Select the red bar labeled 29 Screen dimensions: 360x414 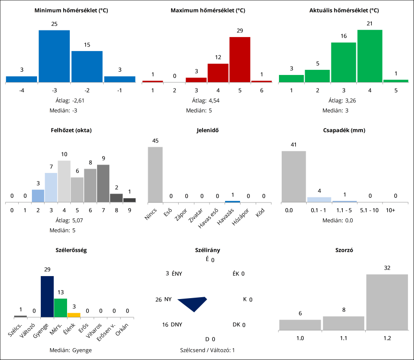pyautogui.click(x=240, y=59)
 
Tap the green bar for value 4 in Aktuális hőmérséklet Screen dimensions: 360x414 pyautogui.click(x=369, y=56)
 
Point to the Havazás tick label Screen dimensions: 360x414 pyautogui.click(x=228, y=217)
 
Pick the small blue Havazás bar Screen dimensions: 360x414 pyautogui.click(x=232, y=202)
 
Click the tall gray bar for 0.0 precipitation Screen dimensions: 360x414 pyautogui.click(x=294, y=176)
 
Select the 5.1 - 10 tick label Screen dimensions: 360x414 pyautogui.click(x=369, y=210)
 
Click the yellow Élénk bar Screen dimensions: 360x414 pyautogui.click(x=74, y=315)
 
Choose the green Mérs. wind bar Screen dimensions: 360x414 pyautogui.click(x=60, y=307)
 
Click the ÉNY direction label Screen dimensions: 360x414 pyautogui.click(x=177, y=274)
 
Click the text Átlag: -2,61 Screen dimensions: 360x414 pyautogui.click(x=71, y=100)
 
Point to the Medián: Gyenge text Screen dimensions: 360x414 pyautogui.click(x=71, y=350)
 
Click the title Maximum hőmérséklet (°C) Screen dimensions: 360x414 pyautogui.click(x=207, y=10)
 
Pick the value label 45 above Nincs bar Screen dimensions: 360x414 pyautogui.click(x=155, y=141)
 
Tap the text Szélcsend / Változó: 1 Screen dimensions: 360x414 pyautogui.click(x=207, y=350)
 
